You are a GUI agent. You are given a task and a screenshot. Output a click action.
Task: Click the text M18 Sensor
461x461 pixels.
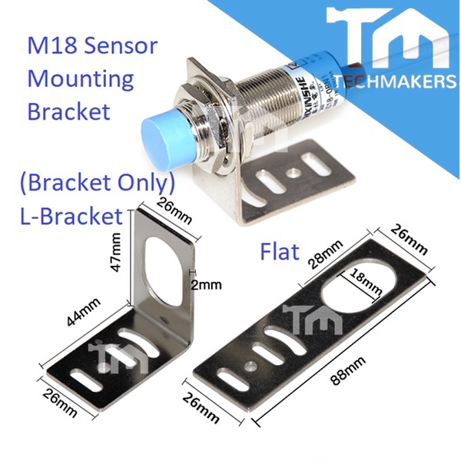(x=92, y=45)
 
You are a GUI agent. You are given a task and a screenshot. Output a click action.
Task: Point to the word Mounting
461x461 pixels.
(x=80, y=78)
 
